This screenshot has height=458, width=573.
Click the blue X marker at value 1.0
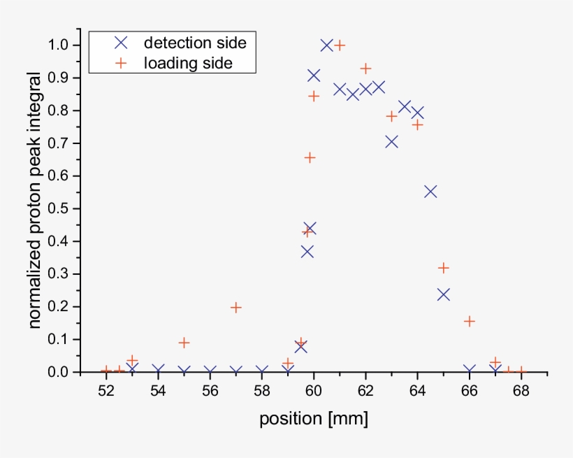326,45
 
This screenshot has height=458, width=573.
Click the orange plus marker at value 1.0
340,45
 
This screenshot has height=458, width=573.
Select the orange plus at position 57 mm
236,307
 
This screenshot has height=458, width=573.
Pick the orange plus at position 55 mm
184,343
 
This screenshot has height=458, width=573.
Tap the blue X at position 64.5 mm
430,192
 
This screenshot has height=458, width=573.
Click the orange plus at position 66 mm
470,321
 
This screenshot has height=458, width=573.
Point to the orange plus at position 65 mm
443,268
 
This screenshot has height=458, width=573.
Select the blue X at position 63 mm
391,142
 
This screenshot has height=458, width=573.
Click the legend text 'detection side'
195,43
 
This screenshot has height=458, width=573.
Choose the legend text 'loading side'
188,63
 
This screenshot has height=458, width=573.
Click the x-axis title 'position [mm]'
313,420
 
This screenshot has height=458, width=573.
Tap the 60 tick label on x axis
314,391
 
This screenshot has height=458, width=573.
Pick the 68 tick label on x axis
521,391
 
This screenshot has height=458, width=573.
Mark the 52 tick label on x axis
106,391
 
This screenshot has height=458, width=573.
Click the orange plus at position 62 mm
365,69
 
